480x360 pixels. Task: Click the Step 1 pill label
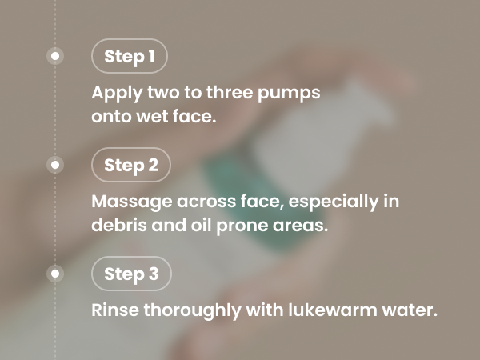130,56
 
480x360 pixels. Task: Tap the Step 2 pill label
131,165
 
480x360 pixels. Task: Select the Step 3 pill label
131,274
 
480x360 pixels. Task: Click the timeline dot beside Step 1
55,56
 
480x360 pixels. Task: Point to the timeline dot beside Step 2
55,165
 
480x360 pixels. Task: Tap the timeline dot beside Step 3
55,274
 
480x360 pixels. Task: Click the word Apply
117,93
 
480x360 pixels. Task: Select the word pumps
289,94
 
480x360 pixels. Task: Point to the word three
230,92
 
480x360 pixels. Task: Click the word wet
152,117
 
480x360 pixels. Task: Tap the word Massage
132,202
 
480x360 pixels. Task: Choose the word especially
334,202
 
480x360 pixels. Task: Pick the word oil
201,225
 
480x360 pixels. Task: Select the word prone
242,226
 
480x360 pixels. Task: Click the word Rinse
115,310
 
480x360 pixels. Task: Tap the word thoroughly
192,310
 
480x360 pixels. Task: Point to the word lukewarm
333,310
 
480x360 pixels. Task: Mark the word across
206,202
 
